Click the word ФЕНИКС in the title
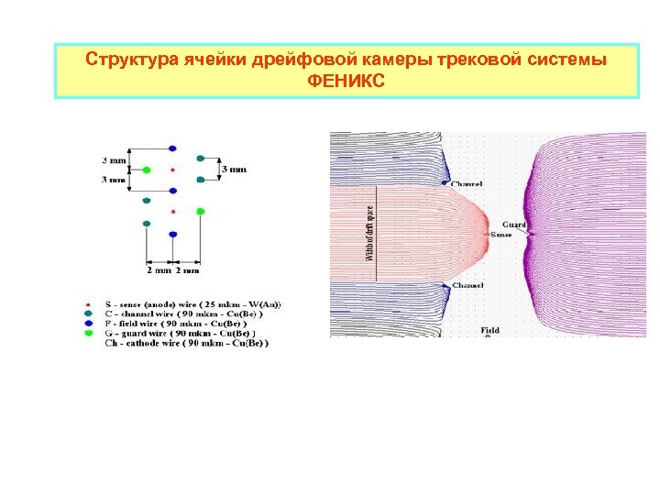346,81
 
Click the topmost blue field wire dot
173,148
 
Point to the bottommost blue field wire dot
173,234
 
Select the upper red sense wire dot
173,170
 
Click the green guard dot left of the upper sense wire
147,170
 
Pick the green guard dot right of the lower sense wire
200,212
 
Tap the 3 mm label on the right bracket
235,170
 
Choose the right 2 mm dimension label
187,270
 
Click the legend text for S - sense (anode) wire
193,304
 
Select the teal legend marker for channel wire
87,313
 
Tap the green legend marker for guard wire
87,334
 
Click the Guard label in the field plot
514,225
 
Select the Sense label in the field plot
501,235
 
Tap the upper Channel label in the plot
467,184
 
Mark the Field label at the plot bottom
490,330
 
